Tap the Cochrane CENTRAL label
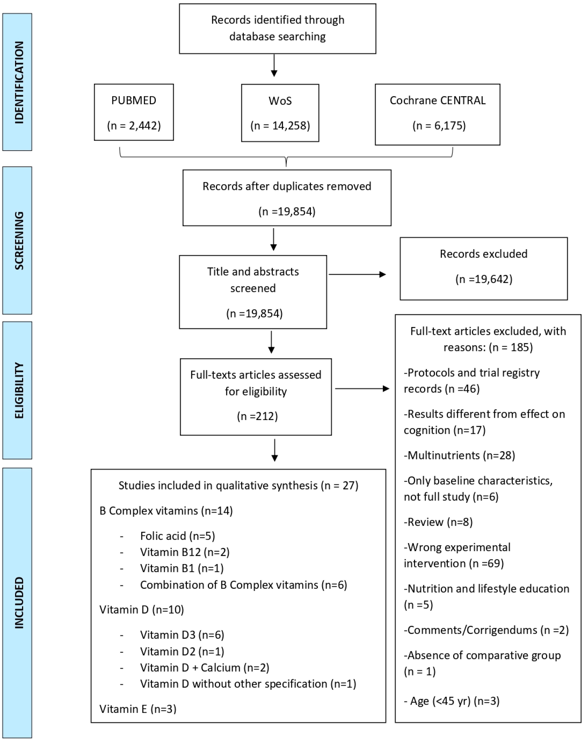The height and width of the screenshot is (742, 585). (437, 100)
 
